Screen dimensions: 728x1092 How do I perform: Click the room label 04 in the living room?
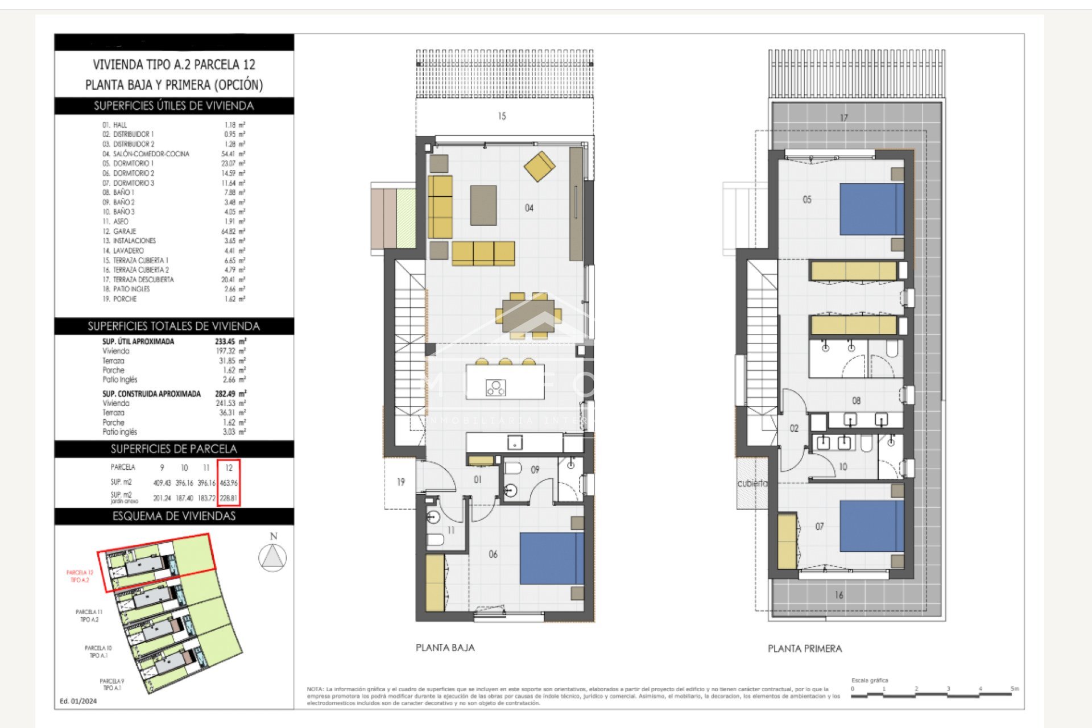tap(529, 208)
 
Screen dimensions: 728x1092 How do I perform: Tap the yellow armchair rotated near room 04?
tap(539, 166)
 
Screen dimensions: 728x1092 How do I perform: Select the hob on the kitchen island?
tap(495, 388)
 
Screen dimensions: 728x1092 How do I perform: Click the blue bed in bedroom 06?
tap(551, 558)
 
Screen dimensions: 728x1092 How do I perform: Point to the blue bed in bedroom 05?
tap(871, 209)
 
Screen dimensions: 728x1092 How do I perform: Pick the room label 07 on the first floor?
tap(819, 527)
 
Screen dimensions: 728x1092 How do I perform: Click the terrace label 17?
tap(843, 118)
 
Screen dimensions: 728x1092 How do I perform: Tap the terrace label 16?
tap(839, 595)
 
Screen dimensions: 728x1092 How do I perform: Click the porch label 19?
tap(400, 482)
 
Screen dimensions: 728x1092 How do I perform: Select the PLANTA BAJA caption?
tap(445, 647)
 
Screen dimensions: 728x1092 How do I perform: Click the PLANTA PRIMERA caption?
tap(804, 648)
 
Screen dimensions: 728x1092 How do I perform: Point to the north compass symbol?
tap(273, 556)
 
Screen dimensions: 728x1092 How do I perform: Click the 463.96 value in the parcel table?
tap(229, 483)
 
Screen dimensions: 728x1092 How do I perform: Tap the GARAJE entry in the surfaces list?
tap(125, 231)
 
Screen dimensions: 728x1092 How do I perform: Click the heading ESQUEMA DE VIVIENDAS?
tap(173, 516)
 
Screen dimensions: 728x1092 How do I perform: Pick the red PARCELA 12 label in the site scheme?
tap(80, 576)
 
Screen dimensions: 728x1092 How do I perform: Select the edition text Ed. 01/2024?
tap(78, 701)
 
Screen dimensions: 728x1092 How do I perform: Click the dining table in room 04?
tap(528, 315)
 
